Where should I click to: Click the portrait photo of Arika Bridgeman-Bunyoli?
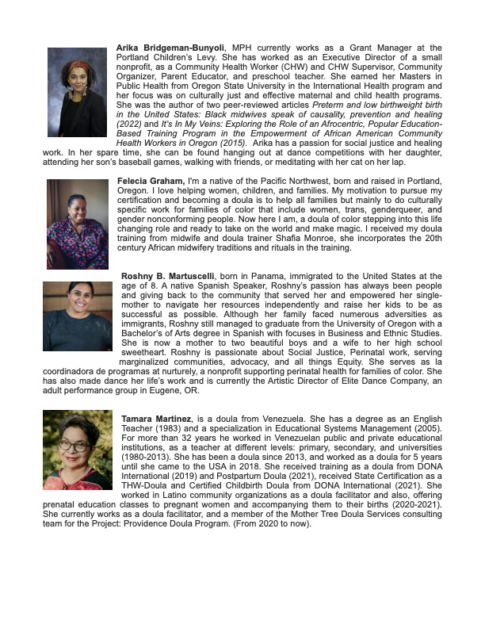coord(77,92)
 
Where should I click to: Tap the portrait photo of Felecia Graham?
coord(77,224)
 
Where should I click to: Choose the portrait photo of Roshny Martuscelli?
coord(78,316)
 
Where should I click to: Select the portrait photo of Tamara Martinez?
coord(78,450)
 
